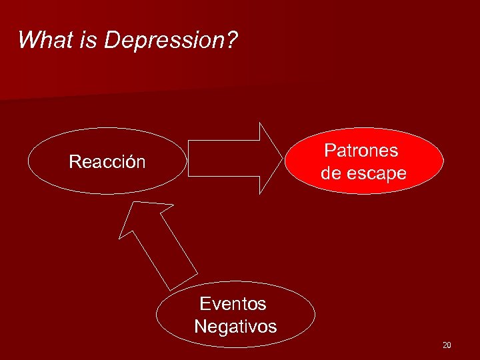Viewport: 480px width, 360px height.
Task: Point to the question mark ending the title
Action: pos(230,40)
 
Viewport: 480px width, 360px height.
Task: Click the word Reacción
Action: pos(107,162)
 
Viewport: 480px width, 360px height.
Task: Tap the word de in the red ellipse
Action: pos(331,173)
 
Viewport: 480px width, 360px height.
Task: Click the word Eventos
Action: pos(233,304)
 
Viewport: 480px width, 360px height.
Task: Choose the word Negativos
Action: pos(235,327)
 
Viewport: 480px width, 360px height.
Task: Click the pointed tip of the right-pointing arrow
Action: pos(280,158)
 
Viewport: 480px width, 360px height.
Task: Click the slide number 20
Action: pos(446,345)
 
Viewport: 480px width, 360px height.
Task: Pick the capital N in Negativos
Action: pos(200,327)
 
